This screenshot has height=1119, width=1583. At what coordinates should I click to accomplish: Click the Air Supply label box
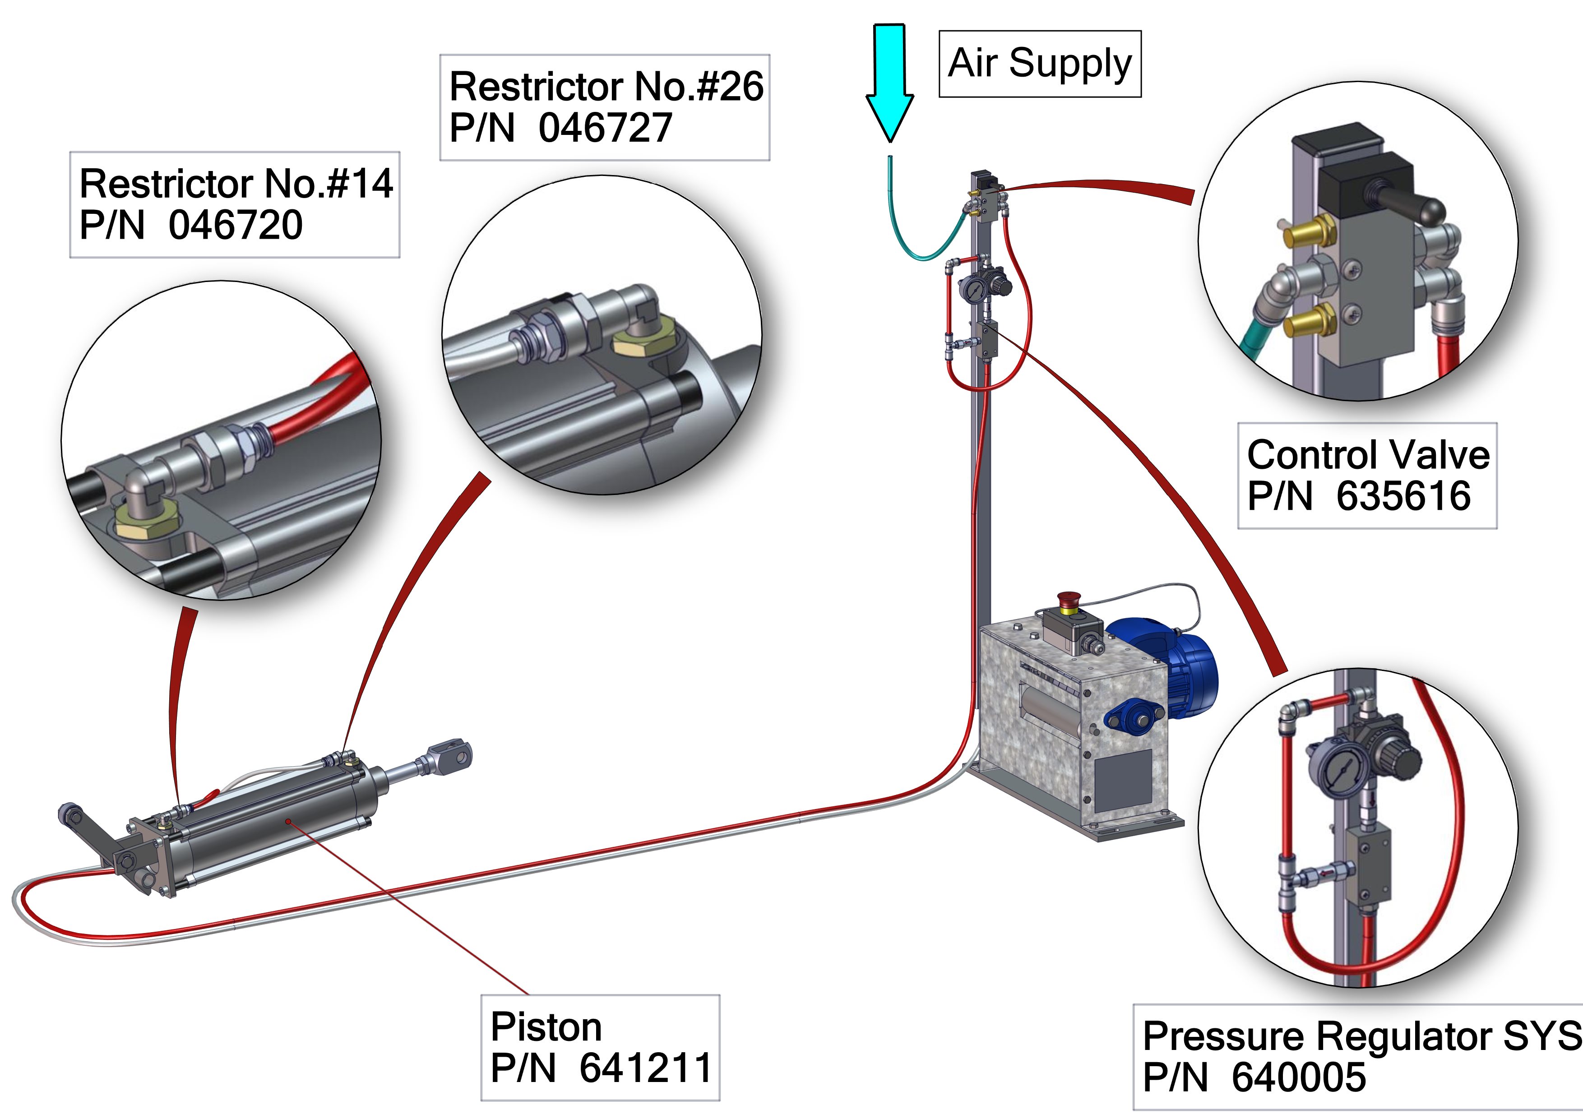tap(1040, 64)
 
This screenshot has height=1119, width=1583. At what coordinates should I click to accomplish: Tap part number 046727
tap(605, 128)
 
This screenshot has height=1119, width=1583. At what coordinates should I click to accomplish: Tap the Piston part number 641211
tap(645, 1068)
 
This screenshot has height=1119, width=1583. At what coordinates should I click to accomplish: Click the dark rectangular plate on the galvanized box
tap(1122, 779)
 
